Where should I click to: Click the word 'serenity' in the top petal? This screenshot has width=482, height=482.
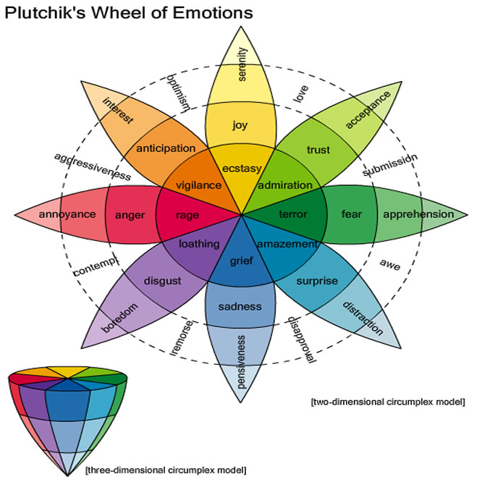(x=242, y=64)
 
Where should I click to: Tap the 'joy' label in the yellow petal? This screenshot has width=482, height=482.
(x=240, y=124)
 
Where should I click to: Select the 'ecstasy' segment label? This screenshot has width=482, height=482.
(x=241, y=169)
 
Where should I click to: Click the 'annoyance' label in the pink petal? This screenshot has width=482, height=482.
(x=67, y=214)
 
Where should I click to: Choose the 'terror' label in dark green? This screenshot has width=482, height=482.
(x=292, y=214)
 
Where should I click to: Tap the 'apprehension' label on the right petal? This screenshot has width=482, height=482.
(x=418, y=214)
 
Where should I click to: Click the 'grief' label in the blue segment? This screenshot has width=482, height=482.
(x=240, y=260)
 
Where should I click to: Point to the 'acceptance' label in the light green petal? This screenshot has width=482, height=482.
(x=368, y=109)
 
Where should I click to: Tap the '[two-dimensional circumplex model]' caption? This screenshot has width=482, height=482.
(x=386, y=401)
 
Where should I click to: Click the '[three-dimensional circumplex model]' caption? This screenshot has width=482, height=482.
(x=165, y=470)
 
